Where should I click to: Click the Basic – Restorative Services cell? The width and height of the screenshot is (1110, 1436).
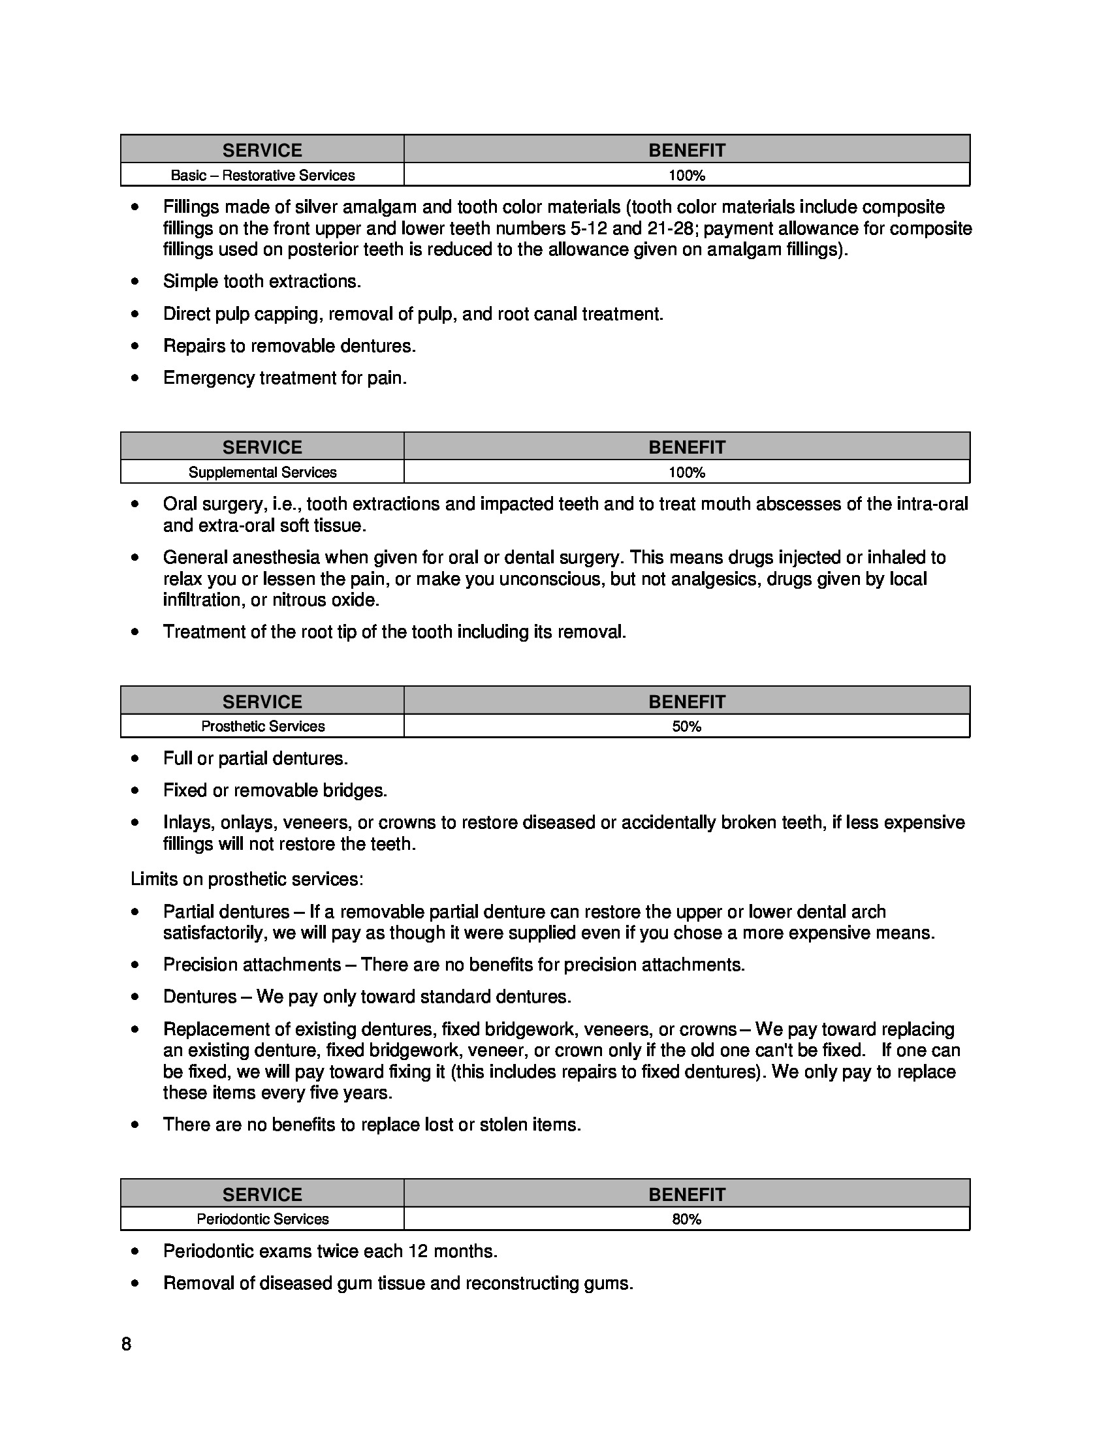[262, 176]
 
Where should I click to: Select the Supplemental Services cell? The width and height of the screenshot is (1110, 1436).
[262, 472]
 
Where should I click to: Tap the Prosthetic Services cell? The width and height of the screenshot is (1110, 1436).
[262, 726]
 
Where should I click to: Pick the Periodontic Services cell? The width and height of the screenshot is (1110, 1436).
[262, 1219]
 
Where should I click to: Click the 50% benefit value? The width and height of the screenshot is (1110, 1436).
[686, 726]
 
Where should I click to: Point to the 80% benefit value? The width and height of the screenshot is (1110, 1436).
[686, 1219]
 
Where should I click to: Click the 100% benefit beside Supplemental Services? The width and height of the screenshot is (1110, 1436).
[686, 472]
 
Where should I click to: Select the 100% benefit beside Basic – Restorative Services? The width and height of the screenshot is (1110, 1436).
[686, 176]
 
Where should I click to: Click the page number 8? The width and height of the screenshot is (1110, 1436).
[126, 1344]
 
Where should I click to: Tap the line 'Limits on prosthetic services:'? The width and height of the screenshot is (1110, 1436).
[247, 879]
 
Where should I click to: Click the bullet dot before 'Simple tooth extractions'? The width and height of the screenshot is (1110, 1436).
[135, 281]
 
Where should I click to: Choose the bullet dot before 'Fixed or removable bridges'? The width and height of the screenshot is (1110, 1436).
[135, 790]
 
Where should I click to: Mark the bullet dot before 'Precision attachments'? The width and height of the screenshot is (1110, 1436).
[135, 965]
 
